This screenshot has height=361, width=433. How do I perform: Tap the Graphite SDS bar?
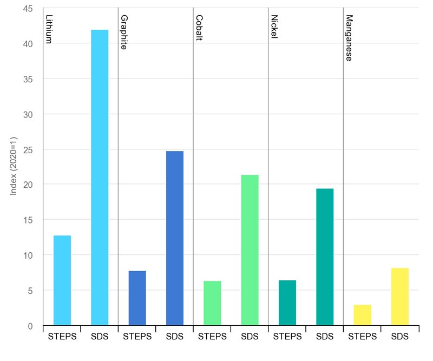(175, 238)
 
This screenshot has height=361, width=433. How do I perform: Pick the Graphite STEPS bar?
(137, 298)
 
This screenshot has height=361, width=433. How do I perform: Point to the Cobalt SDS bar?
(250, 250)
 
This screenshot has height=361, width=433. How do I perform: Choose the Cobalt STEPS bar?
(212, 303)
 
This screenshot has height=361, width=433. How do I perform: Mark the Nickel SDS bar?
(325, 257)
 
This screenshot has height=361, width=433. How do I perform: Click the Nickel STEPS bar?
(287, 303)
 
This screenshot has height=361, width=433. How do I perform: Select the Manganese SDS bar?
(400, 297)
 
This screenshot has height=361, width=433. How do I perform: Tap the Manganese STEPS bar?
(363, 315)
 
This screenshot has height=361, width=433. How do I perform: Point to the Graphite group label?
(123, 32)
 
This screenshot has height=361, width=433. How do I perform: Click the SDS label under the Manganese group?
(400, 337)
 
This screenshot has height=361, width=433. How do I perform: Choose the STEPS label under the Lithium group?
(62, 337)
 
